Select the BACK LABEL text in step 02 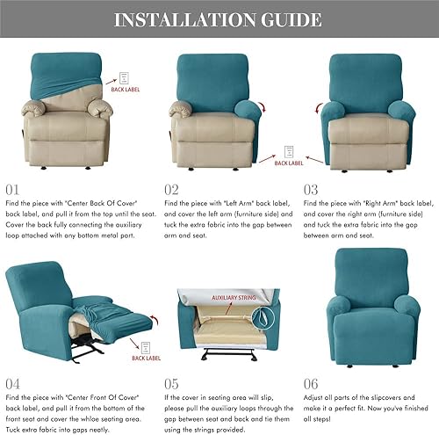pyautogui.click(x=289, y=163)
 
